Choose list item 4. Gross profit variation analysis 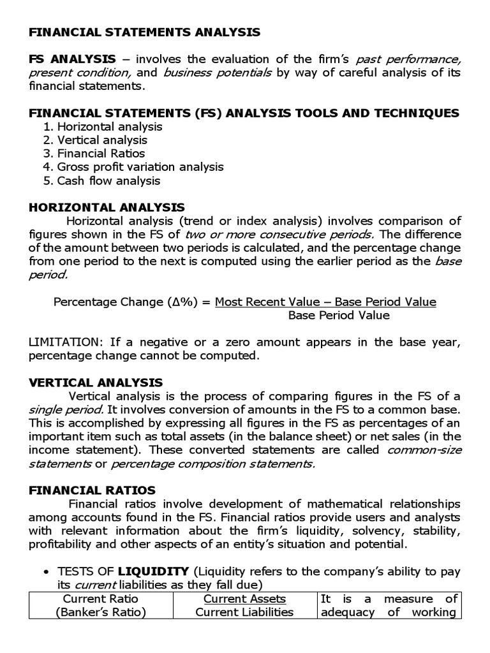(x=133, y=166)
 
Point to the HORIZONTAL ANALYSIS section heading (x=107, y=207)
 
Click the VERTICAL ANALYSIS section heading (x=96, y=383)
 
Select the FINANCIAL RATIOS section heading (x=92, y=490)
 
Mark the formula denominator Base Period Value (x=338, y=315)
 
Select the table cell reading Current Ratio (x=100, y=599)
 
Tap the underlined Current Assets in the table (x=244, y=599)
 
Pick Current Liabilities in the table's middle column (x=244, y=612)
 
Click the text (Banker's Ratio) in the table (x=100, y=612)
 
